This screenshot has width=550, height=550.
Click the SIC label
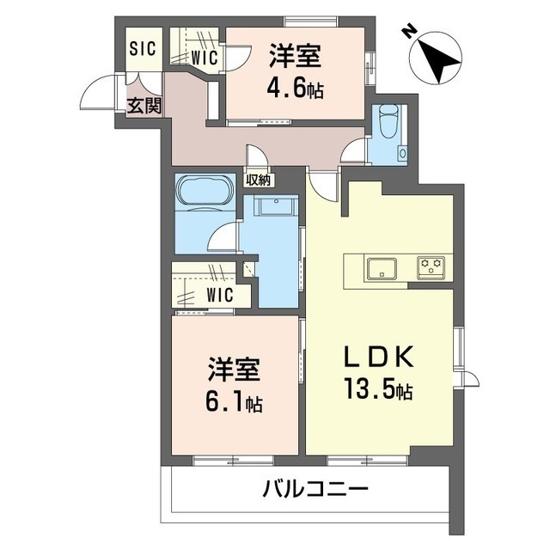[143, 48]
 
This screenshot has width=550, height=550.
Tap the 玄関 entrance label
[144, 107]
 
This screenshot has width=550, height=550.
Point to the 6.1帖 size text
[233, 401]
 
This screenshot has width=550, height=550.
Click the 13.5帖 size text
[380, 391]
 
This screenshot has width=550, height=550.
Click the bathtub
[204, 190]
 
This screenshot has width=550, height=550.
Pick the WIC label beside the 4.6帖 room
[204, 58]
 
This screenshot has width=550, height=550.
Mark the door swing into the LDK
[323, 182]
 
